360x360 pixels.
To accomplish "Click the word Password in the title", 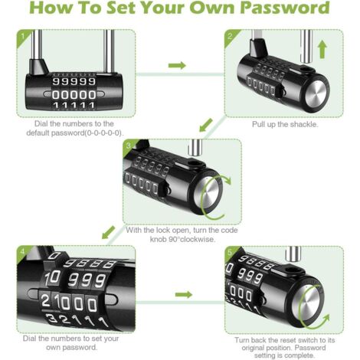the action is click(x=285, y=8).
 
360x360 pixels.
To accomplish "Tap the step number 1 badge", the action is click(x=22, y=37).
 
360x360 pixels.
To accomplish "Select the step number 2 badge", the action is click(x=230, y=36).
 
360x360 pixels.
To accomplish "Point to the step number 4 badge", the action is click(x=22, y=251).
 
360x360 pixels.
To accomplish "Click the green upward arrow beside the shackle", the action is click(x=322, y=51).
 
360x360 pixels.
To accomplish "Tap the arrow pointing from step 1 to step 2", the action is click(x=177, y=65).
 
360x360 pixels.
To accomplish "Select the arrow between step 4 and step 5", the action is click(x=184, y=295).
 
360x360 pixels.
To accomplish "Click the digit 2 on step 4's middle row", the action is click(x=45, y=300).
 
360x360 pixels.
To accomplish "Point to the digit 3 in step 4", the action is click(x=51, y=319).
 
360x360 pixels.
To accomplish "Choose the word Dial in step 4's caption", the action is click(x=29, y=339).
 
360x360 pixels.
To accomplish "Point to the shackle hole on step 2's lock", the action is click(x=306, y=70).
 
